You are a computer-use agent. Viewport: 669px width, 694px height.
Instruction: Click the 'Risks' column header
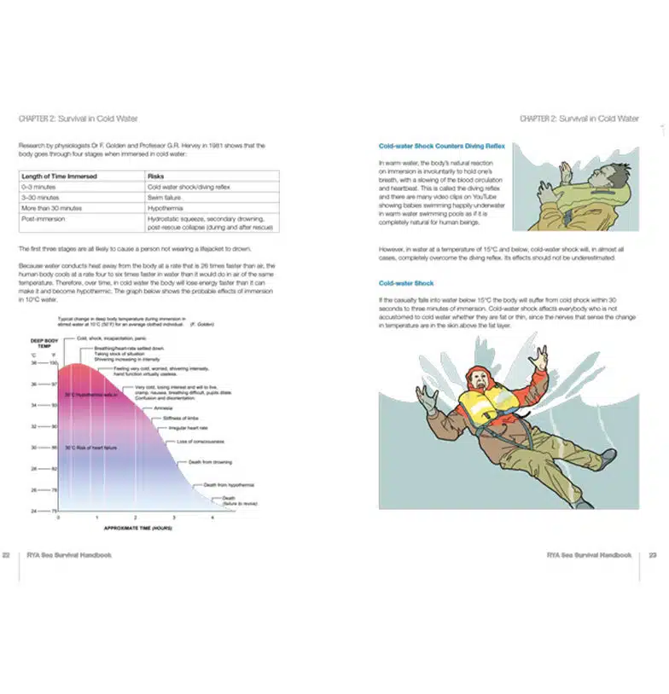tap(156, 176)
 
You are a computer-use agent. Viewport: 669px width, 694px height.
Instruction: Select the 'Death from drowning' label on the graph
tap(209, 462)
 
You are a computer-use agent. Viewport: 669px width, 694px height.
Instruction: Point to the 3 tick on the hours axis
tap(174, 518)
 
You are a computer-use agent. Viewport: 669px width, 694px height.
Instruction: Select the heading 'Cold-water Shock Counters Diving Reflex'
tap(442, 146)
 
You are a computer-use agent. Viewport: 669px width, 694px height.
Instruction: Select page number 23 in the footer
tap(653, 554)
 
